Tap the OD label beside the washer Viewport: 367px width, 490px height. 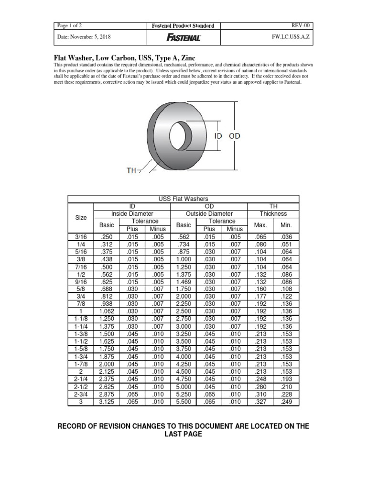pos(234,136)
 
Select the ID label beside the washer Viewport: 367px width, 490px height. pos(218,136)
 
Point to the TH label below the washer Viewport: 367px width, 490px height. pos(131,171)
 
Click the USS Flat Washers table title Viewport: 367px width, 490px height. pos(183,199)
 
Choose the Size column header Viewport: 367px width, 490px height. pos(81,217)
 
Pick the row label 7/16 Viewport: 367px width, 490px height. pos(81,267)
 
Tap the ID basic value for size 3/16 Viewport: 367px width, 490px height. pos(107,236)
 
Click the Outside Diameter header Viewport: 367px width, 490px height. pos(209,213)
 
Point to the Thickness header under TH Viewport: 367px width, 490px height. pos(273,213)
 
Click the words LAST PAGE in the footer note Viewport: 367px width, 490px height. pos(183,434)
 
